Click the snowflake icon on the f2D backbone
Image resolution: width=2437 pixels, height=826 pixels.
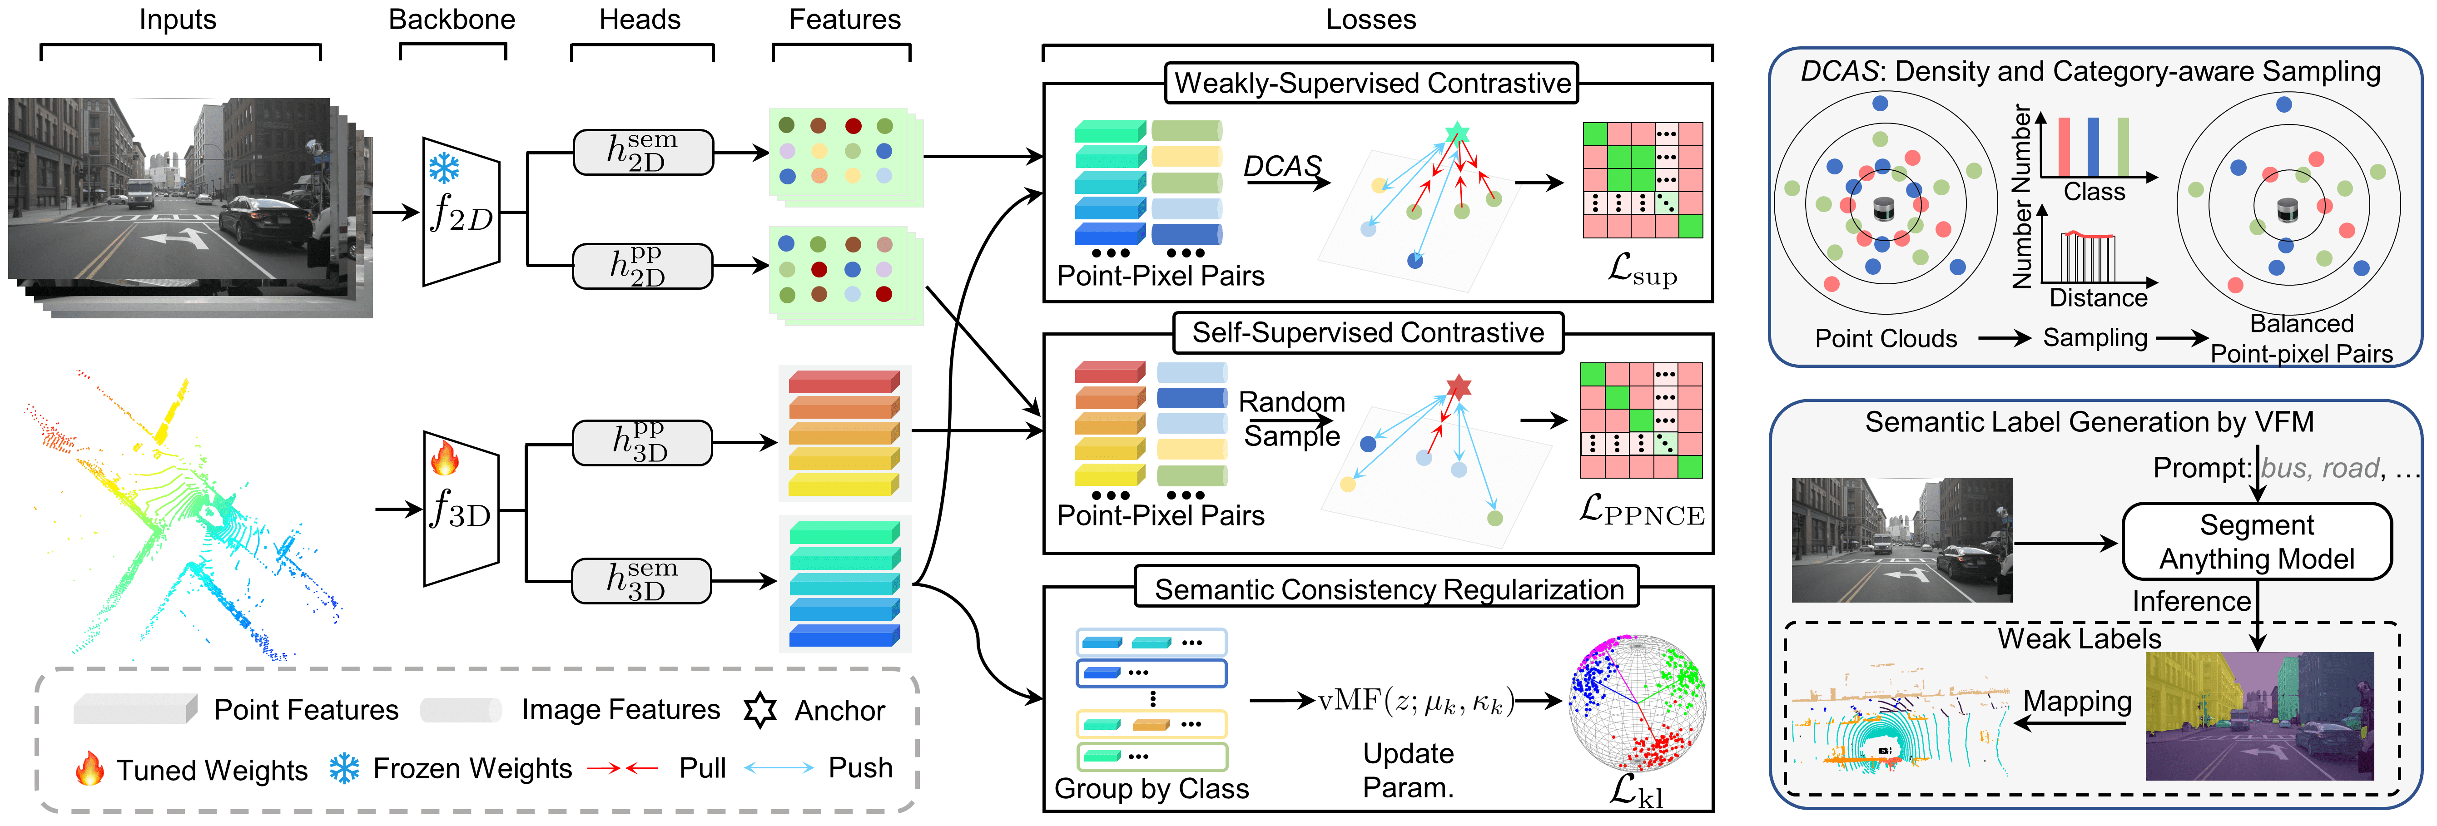tap(444, 168)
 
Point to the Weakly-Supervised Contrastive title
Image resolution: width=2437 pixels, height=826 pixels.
tap(1372, 83)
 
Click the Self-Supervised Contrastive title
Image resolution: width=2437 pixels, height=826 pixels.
tap(1368, 333)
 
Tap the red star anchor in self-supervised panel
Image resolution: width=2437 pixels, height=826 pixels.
tap(1459, 386)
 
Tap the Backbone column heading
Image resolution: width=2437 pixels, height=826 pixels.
tap(452, 20)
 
